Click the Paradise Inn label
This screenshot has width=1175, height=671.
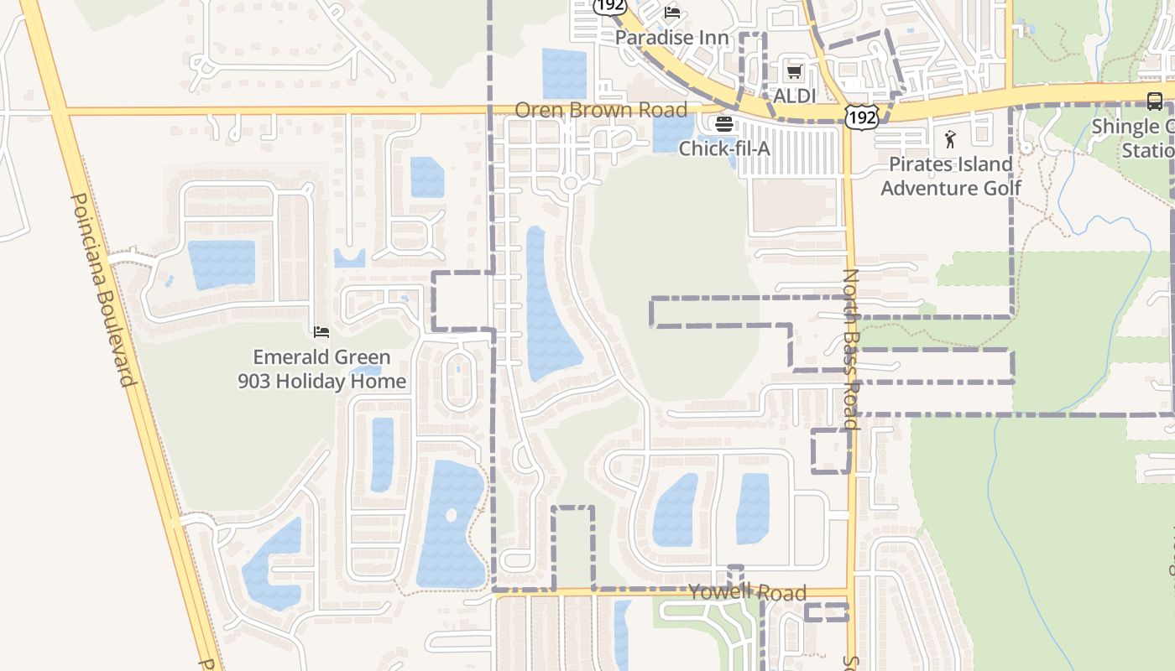point(671,38)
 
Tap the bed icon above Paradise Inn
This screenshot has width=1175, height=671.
point(672,12)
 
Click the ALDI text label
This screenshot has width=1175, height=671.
point(794,96)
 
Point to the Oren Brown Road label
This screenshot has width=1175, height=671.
point(600,110)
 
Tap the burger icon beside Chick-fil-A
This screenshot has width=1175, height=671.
point(723,124)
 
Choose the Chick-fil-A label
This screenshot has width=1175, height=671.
point(723,148)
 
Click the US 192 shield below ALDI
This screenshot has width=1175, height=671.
point(862,116)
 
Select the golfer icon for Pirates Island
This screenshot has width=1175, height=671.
point(950,138)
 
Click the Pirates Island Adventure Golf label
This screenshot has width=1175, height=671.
point(950,176)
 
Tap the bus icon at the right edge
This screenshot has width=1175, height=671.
point(1155,101)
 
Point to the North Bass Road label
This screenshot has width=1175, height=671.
point(851,348)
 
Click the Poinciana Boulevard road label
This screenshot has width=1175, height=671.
point(103,289)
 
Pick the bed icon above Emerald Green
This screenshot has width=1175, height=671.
point(321,333)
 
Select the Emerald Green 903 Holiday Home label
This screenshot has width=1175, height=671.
point(321,369)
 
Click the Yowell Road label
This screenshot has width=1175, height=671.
point(747,592)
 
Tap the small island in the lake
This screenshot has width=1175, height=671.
point(451,515)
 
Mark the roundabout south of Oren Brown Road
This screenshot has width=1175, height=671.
point(571,183)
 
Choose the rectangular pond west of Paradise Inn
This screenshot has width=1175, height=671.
point(564,74)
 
